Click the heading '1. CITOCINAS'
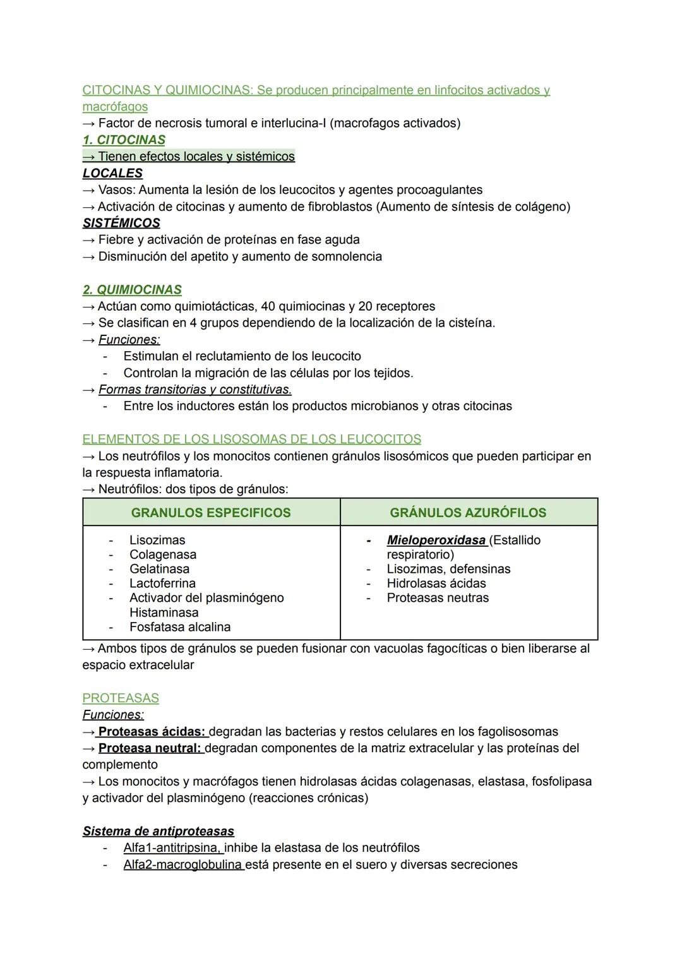(124, 140)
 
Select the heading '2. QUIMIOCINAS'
(132, 290)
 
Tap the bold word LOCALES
(112, 173)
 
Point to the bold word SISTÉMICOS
(121, 223)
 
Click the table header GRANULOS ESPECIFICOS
(211, 513)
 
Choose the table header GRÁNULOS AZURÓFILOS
(468, 513)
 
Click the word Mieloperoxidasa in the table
(436, 541)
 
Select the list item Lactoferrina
(162, 583)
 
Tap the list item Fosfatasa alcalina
(180, 627)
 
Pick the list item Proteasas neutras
(438, 598)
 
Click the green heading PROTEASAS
(121, 698)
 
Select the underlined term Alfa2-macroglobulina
(183, 865)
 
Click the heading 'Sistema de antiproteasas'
(158, 832)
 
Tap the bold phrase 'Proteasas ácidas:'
(152, 732)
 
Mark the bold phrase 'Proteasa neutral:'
(150, 748)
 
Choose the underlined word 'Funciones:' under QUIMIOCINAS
(129, 340)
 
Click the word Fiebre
(116, 240)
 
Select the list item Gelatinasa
(159, 569)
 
